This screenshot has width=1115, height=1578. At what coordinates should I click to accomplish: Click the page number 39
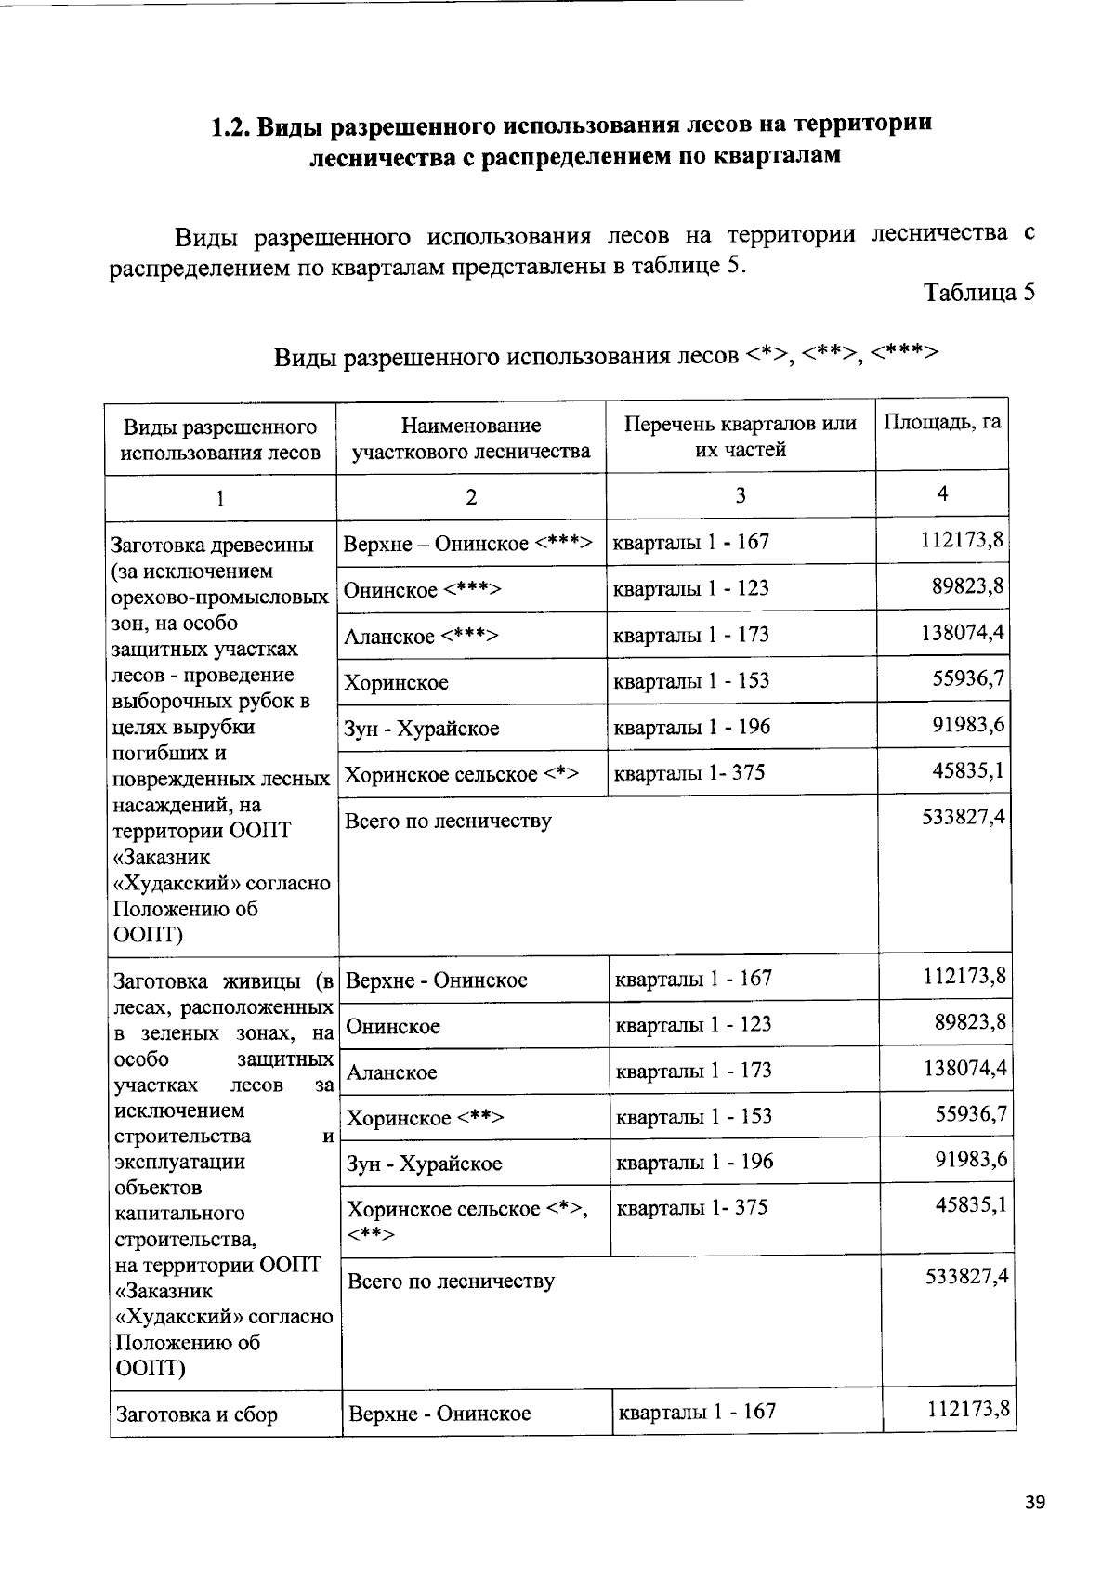pos(1034,1503)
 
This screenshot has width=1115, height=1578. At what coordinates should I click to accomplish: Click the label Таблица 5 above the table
pos(978,292)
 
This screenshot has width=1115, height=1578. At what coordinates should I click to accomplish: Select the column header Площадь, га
pos(941,423)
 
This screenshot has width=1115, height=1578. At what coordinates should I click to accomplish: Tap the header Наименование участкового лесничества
pos(470,439)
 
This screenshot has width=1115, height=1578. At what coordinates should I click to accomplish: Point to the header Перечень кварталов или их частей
pos(740,437)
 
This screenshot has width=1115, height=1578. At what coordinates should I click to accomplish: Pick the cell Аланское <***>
pos(421,637)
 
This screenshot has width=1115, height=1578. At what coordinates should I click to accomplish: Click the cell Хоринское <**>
pos(425,1118)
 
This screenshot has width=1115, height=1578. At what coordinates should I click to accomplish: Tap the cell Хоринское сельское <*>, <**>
pos(466,1220)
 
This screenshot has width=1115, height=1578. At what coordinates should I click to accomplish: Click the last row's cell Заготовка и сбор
pos(196,1414)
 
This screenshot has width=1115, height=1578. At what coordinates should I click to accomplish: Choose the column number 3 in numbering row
pos(740,496)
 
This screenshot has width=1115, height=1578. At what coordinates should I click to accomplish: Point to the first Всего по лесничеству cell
pos(448,822)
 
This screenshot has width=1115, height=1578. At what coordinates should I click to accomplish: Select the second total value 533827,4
pos(965,1277)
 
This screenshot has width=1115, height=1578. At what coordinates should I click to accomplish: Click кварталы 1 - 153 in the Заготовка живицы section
pos(693,1116)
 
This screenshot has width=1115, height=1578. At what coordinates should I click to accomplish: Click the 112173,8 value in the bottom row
pos(967,1411)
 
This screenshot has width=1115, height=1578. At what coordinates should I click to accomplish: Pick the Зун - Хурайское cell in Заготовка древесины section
pos(421,729)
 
